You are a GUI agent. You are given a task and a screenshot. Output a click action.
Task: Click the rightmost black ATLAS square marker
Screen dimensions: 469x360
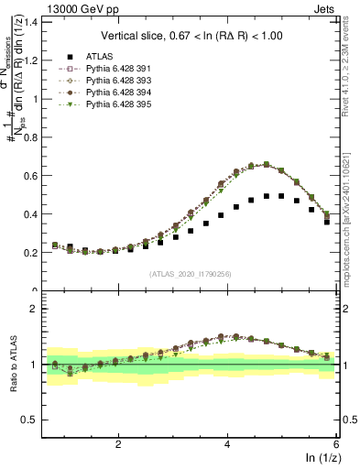pyautogui.click(x=327, y=222)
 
